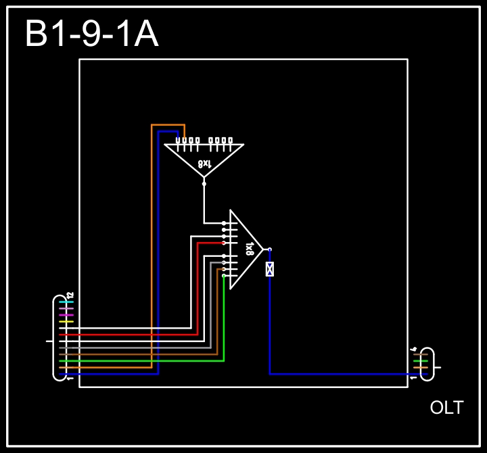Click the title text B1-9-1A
pyautogui.click(x=91, y=35)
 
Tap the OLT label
pyautogui.click(x=446, y=408)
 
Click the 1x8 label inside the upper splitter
pyautogui.click(x=204, y=164)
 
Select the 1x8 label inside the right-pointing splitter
pyautogui.click(x=249, y=248)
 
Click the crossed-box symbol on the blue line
pyautogui.click(x=270, y=269)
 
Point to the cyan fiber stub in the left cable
pyautogui.click(x=66, y=302)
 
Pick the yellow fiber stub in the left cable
pyautogui.click(x=66, y=322)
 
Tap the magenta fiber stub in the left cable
pyautogui.click(x=66, y=315)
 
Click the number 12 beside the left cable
pyautogui.click(x=70, y=295)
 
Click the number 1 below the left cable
pyautogui.click(x=70, y=379)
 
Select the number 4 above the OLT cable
pyautogui.click(x=413, y=349)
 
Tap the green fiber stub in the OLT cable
pyautogui.click(x=420, y=361)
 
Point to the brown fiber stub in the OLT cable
pyautogui.click(x=420, y=354)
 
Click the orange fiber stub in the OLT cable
pyautogui.click(x=420, y=367)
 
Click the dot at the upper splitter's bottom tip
pyautogui.click(x=204, y=183)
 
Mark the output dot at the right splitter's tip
pyautogui.click(x=269, y=249)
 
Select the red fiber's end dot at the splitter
pyautogui.click(x=224, y=242)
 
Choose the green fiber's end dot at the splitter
pyautogui.click(x=224, y=275)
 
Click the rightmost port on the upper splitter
pyautogui.click(x=231, y=141)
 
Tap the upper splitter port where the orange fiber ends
pyautogui.click(x=184, y=141)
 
